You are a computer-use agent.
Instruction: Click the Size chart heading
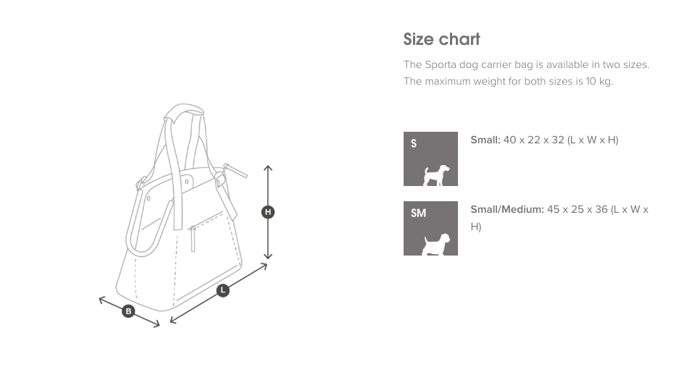441,39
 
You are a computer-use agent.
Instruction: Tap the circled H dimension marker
268,212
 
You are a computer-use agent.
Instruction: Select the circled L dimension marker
223,290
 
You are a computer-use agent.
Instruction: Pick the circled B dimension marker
128,311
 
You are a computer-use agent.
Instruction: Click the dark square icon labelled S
430,159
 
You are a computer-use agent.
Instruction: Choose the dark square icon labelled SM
430,228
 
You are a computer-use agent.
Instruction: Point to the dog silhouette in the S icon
436,174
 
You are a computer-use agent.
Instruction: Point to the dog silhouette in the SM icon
437,244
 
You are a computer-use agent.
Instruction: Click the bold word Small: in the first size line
485,140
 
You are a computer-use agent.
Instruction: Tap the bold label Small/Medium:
507,209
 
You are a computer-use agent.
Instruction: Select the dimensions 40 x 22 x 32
533,140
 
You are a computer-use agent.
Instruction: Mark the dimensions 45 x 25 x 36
577,209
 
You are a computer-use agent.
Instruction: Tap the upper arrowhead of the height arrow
268,169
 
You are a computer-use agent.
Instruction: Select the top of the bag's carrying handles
183,111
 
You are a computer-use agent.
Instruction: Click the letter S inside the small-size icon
414,143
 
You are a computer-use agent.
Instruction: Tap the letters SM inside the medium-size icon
418,213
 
